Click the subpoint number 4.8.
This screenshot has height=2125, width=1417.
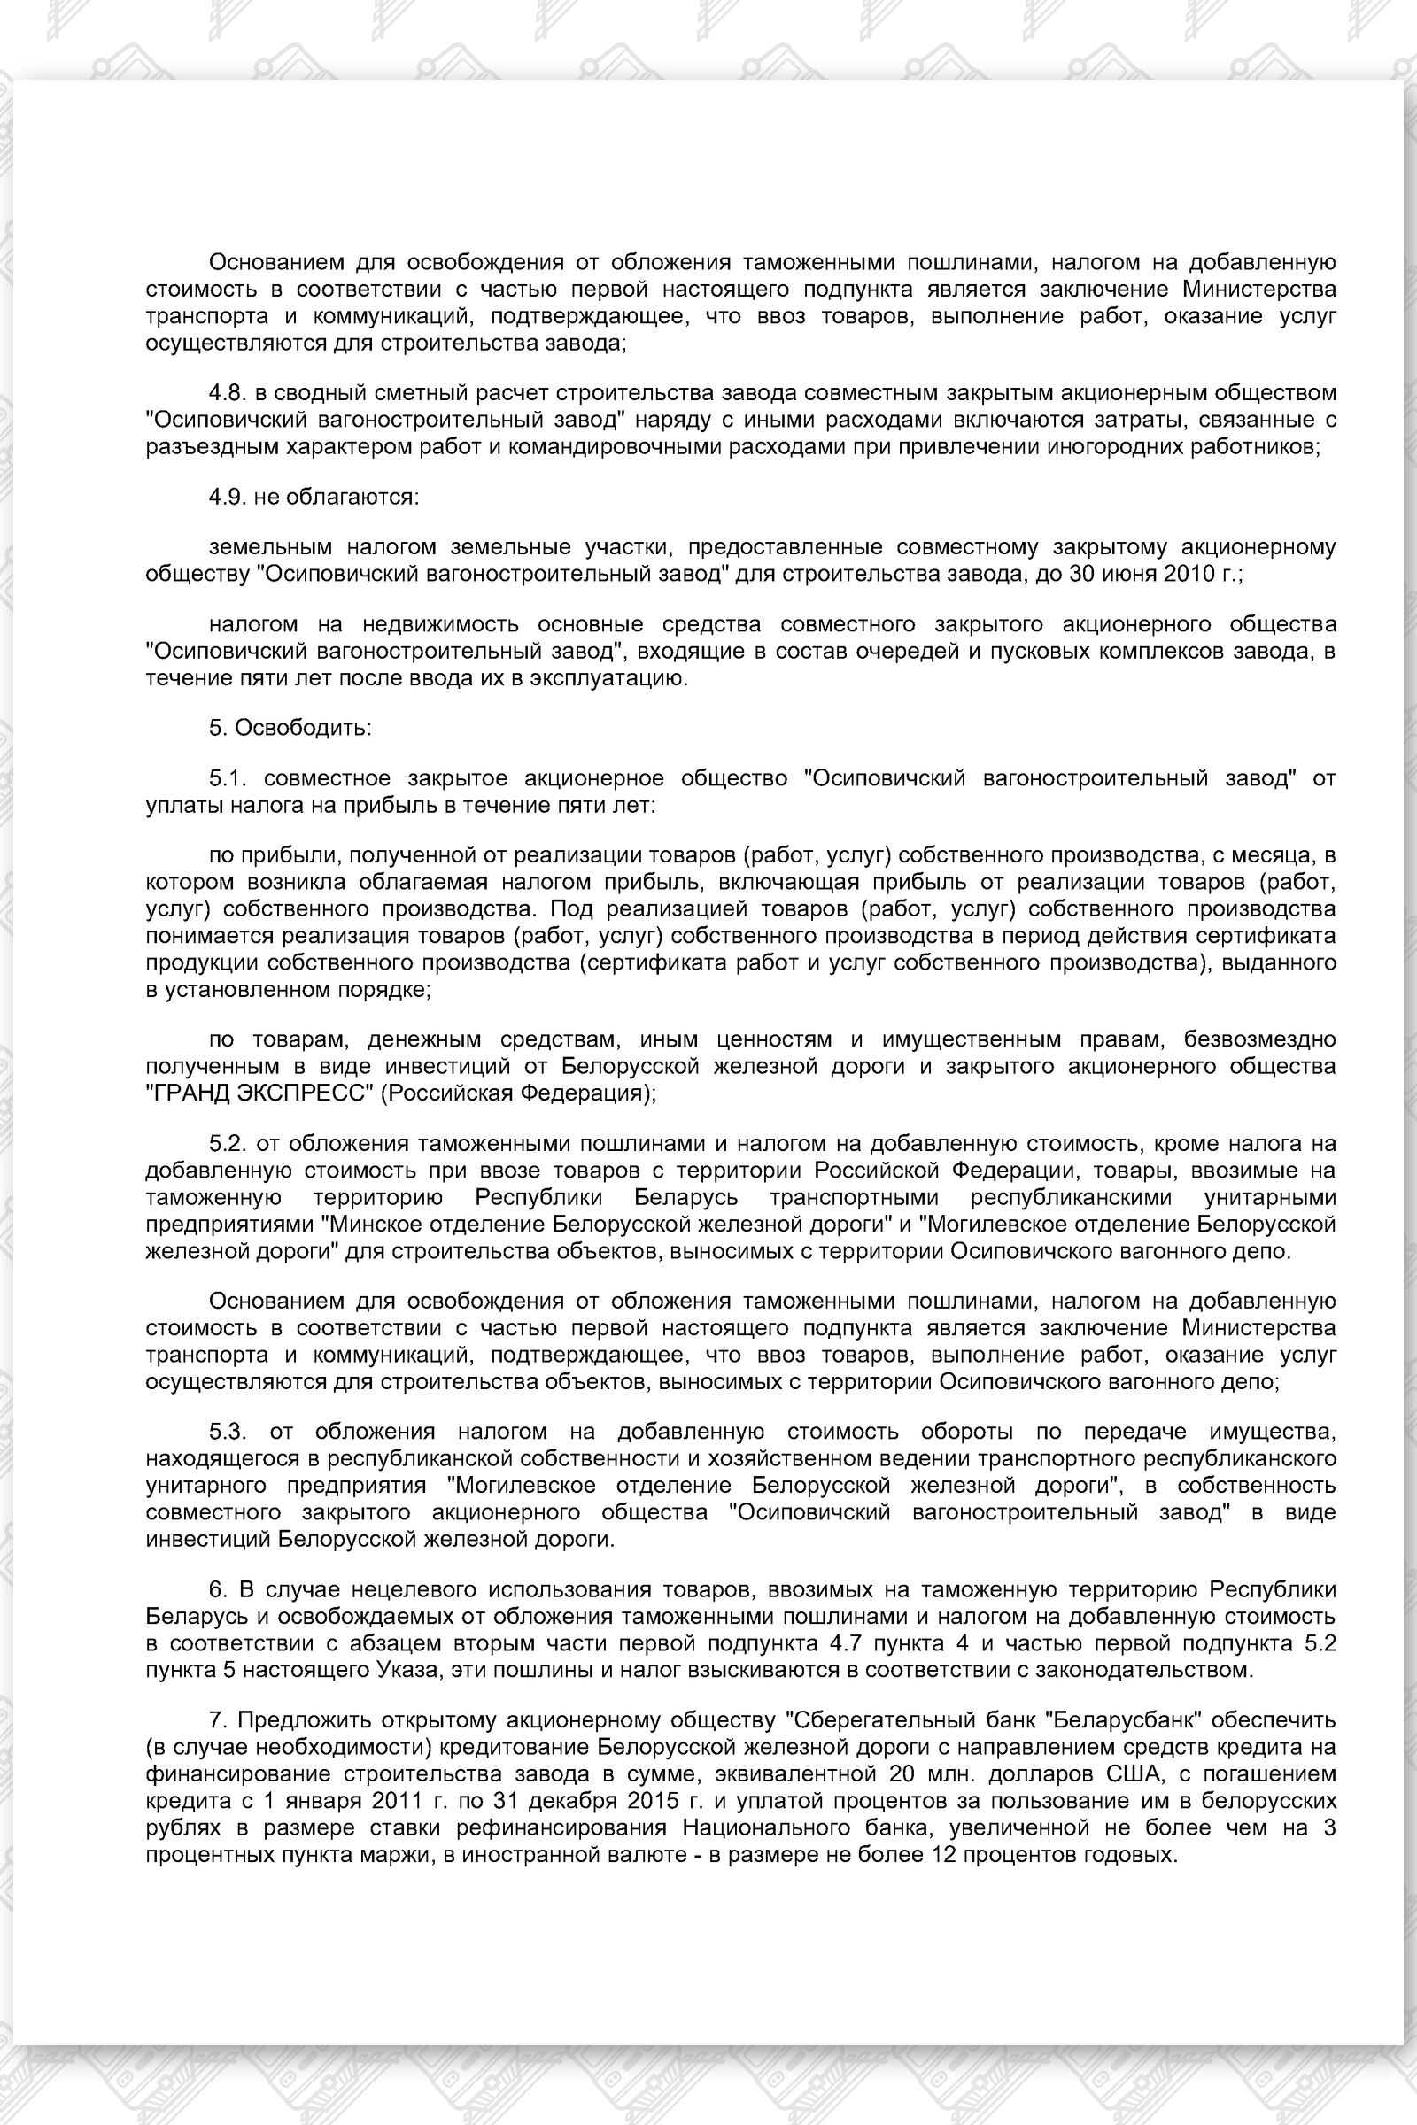click(x=226, y=393)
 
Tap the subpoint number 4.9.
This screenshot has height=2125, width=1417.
click(x=226, y=497)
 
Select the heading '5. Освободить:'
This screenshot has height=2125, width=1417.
click(x=290, y=727)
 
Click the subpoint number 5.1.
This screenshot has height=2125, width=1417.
click(x=226, y=779)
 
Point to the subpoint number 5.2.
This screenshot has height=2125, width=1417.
click(x=226, y=1144)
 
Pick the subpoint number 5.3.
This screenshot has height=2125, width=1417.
click(x=226, y=1432)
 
